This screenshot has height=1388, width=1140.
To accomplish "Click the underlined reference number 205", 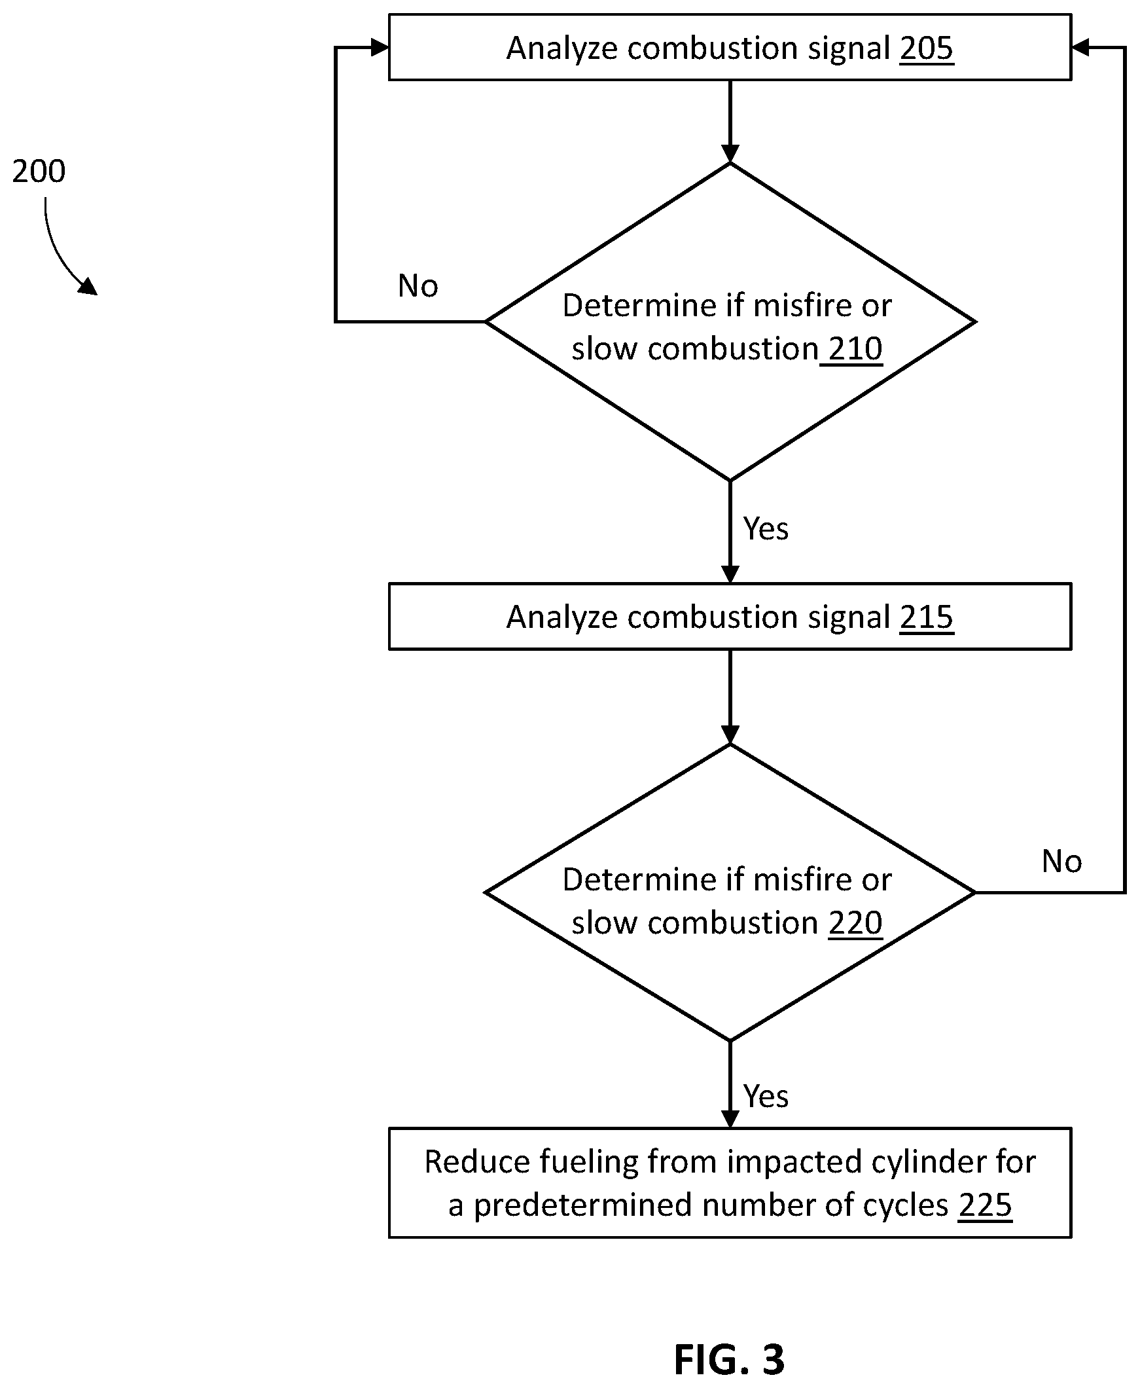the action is pos(926,48).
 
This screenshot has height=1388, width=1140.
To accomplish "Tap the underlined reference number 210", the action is pos(855,348).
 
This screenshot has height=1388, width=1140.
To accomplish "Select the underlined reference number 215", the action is pos(926,617).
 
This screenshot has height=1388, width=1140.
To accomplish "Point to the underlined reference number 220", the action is pos(855,923).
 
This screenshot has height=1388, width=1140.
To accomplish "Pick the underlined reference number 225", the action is pos(985,1205).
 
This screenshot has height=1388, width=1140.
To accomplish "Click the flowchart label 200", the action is pos(39,171).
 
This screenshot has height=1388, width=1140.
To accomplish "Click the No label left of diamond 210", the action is pos(418,285).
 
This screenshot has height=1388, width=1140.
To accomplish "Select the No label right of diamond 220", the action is pos(1062,861).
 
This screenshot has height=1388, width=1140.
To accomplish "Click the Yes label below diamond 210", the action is pos(766,529).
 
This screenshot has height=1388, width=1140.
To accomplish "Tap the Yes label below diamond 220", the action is pos(766,1097).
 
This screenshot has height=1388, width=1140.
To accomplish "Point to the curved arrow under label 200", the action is pos(59,253).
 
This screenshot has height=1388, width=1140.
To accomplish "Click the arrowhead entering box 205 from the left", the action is pos(380,47).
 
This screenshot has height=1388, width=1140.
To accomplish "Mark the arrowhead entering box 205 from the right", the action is pos(1080,47).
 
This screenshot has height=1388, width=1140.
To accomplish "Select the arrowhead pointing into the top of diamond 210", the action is pos(730,154).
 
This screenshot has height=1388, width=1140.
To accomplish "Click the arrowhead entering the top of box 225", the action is pos(730,1119).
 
